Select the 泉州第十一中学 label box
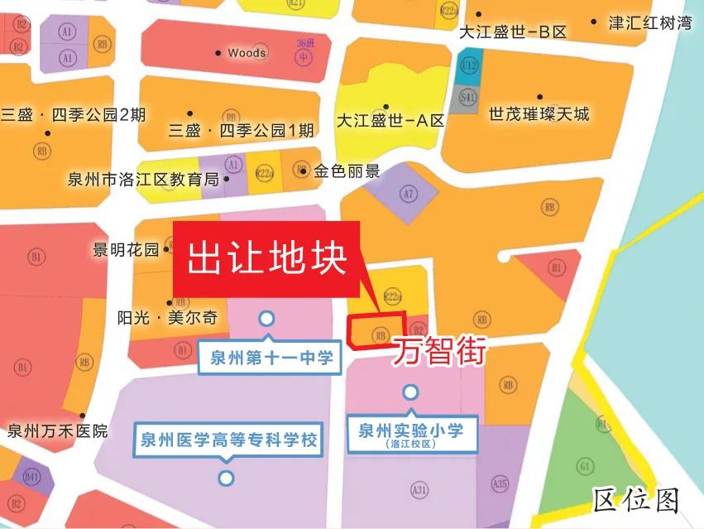266,358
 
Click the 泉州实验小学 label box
410,434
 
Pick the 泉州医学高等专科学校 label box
227,440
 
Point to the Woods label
247,53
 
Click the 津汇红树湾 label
650,23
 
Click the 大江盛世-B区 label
513,32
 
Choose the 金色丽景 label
347,172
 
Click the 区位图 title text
636,500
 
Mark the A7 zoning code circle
407,195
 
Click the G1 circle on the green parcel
585,467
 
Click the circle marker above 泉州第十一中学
266,318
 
